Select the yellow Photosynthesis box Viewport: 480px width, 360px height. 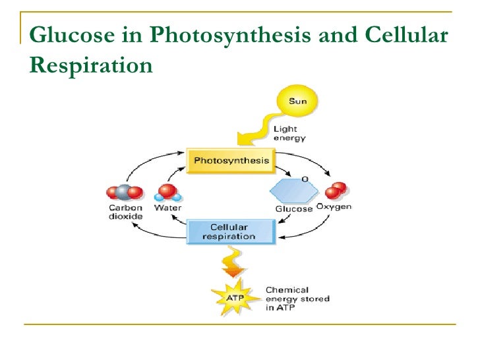(231, 161)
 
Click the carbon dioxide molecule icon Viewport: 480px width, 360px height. (125, 193)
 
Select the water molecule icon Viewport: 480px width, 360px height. (167, 192)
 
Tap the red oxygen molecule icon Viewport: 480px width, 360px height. (336, 191)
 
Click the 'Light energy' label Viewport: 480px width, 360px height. (289, 134)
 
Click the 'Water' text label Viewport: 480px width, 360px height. (167, 208)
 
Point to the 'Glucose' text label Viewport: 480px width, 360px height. (293, 209)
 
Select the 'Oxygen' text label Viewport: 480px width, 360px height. (335, 208)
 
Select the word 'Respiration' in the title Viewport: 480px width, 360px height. (92, 65)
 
